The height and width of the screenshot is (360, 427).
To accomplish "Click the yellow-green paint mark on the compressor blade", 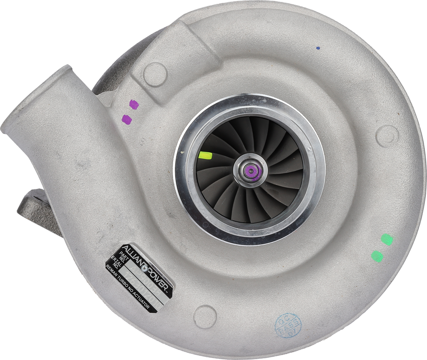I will (x=205, y=156).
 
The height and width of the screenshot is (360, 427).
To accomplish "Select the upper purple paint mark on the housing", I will (x=133, y=104).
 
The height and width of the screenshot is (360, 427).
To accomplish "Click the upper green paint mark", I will (x=387, y=239).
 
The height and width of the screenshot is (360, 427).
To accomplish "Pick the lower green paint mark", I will (x=377, y=256).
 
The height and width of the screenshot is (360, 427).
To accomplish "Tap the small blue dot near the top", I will (x=318, y=48).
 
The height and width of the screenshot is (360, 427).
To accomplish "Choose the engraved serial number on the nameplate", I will (x=136, y=280).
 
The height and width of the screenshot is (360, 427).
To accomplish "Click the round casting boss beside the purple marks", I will (x=155, y=74).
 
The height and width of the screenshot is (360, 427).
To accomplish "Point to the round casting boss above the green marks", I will (x=387, y=135).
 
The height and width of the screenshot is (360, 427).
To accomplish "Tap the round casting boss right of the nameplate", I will (x=205, y=316).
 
